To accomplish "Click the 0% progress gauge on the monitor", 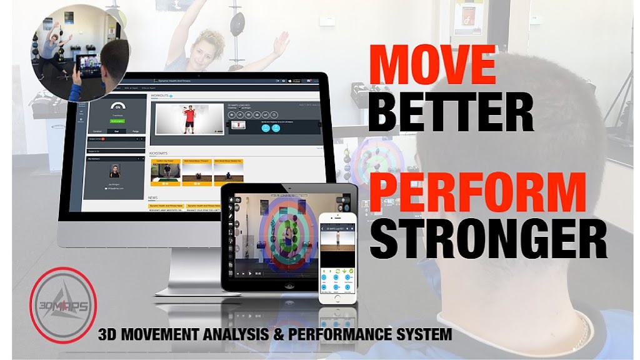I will click(x=117, y=107).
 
